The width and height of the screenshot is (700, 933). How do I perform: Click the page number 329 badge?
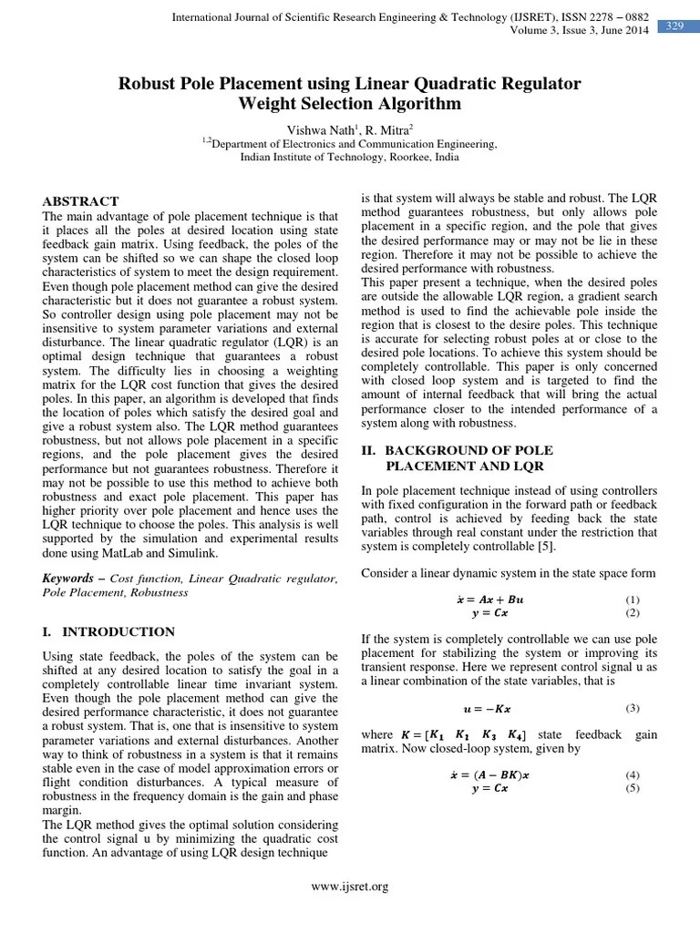pos(675,26)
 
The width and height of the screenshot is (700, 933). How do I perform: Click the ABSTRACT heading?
pos(82,201)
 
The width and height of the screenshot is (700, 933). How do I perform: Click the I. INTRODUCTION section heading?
pos(108,631)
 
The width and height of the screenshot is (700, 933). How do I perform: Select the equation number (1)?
pos(633,600)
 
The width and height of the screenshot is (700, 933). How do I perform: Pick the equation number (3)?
pos(633,708)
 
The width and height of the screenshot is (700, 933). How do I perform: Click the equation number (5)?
pos(633,787)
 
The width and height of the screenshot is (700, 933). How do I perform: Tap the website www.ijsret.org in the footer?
pos(350,887)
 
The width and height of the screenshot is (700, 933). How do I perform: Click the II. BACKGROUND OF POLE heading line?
pos(469,450)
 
